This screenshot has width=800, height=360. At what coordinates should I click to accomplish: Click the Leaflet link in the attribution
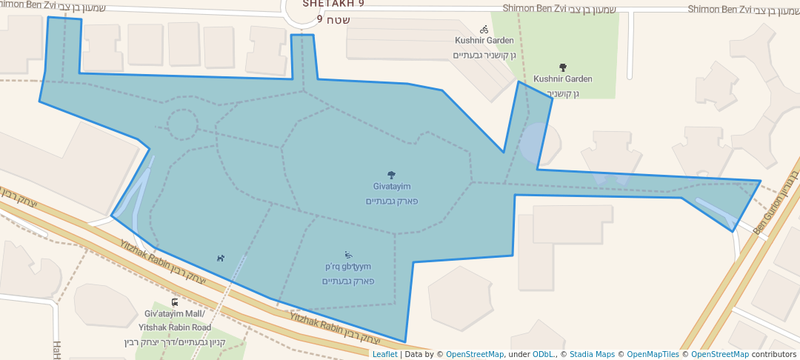click(x=384, y=355)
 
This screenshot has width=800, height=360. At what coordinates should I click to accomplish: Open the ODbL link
click(x=544, y=355)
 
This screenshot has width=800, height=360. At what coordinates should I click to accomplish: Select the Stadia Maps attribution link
click(x=591, y=355)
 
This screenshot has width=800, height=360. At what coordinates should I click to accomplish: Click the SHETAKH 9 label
click(x=333, y=4)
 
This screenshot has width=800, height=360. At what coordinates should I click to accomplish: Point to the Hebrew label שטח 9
click(x=333, y=19)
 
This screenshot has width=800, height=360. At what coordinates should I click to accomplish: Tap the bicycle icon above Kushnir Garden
click(x=484, y=30)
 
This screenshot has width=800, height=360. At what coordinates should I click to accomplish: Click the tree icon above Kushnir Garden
click(x=562, y=67)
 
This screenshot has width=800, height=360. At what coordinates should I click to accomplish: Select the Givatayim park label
click(x=392, y=187)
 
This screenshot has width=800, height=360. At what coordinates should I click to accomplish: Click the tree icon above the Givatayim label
click(x=392, y=176)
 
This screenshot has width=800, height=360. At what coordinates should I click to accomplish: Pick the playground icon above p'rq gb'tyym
click(x=348, y=256)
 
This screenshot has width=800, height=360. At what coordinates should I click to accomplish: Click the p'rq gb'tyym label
click(x=347, y=267)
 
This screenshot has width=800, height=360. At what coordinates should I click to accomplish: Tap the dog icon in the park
click(x=220, y=259)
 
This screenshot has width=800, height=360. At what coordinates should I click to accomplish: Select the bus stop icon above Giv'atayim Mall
click(x=174, y=302)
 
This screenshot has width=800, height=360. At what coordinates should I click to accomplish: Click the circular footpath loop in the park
click(x=181, y=125)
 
